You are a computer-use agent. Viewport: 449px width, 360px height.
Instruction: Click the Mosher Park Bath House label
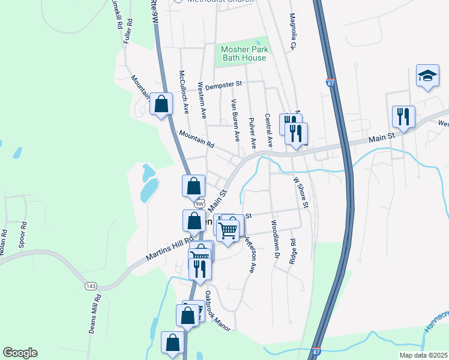point(244,53)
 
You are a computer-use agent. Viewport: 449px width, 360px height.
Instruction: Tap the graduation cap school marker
point(427,77)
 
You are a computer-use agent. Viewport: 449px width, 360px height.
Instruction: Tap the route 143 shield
point(91,286)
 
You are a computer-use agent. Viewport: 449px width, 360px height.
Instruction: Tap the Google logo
point(20,353)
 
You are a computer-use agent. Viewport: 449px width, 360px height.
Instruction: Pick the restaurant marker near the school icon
point(403,116)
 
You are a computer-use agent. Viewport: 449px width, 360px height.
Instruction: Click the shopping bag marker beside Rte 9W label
point(161,104)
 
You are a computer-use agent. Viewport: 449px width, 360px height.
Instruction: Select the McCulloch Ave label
point(184,91)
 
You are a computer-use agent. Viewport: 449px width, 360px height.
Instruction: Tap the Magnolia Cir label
point(294,31)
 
